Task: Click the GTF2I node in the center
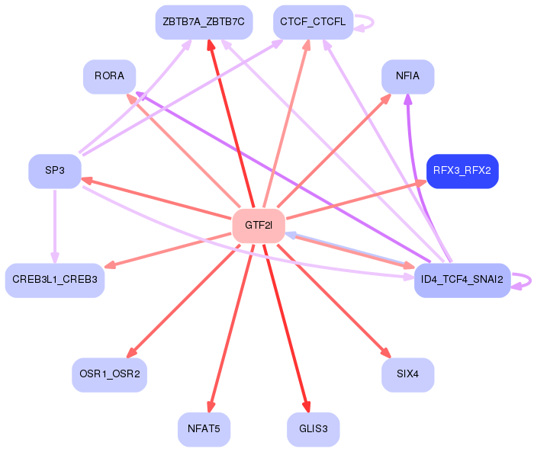259,226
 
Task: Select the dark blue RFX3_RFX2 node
462,171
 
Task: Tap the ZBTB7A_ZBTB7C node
204,22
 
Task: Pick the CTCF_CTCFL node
313,22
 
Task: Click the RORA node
109,76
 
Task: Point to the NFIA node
407,76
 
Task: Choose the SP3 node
55,171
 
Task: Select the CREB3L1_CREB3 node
55,280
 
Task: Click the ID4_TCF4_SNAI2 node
462,280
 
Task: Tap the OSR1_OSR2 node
109,375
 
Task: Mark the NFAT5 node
204,429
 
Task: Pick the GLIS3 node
313,429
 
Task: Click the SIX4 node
407,375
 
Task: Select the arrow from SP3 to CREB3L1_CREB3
55,226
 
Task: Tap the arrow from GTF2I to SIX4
334,300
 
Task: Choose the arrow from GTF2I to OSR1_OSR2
183,301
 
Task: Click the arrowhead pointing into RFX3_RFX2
421,183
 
